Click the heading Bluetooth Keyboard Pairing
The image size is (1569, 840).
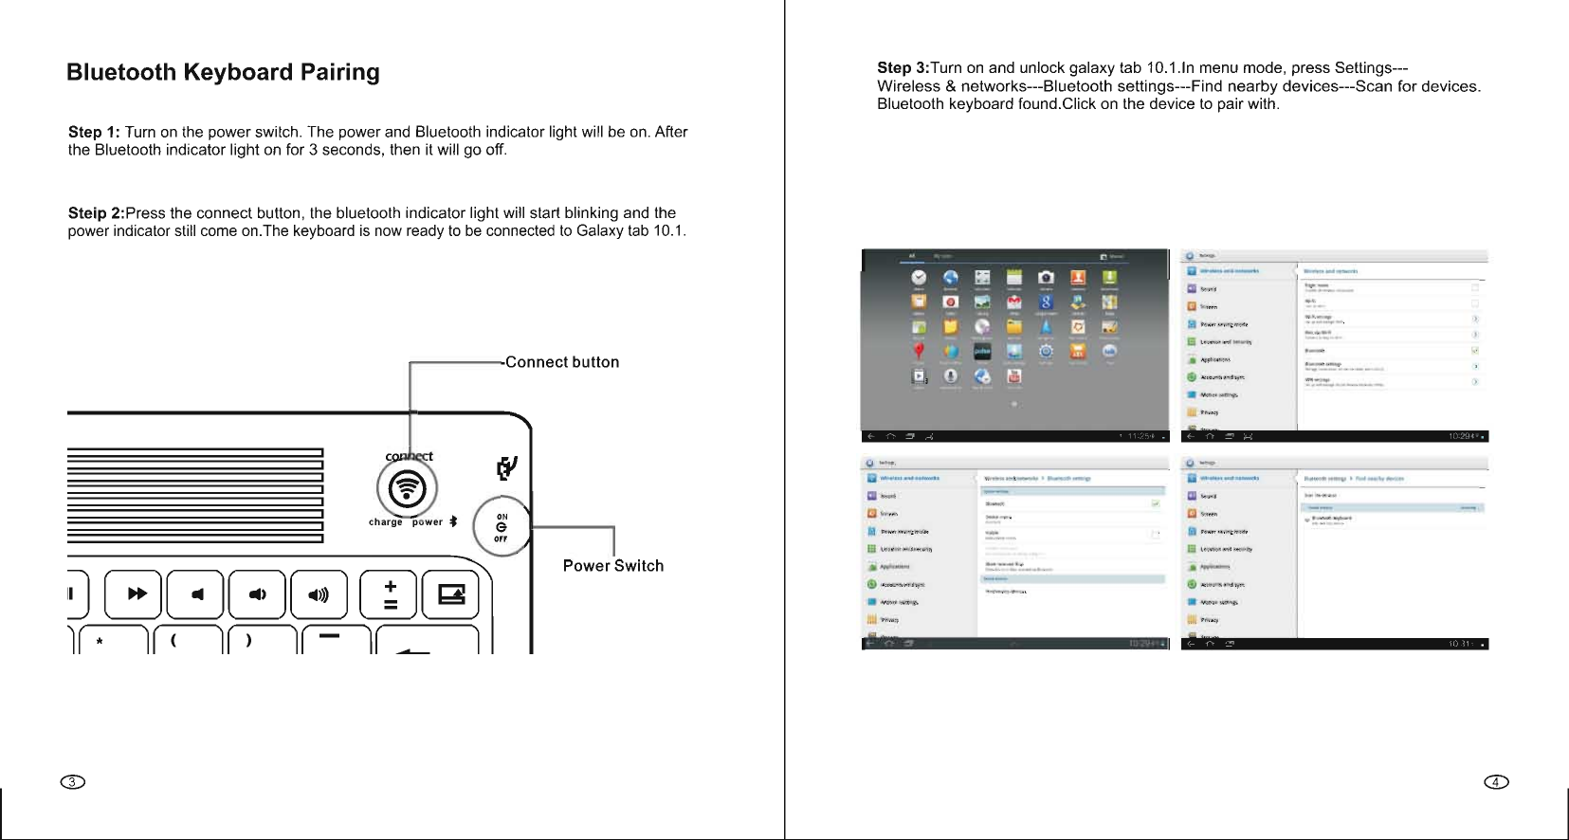pos(223,73)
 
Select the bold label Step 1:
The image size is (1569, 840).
pos(94,132)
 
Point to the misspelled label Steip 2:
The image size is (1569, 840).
pos(96,213)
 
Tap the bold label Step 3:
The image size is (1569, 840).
pos(903,68)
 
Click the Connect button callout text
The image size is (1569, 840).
pos(562,362)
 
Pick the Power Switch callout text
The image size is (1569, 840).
pos(613,566)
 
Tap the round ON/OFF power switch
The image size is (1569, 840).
pos(502,526)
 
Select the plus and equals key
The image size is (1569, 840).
pos(390,594)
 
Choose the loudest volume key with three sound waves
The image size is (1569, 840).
pos(319,594)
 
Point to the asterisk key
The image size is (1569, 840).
pos(100,642)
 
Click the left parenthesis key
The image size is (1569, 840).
pos(173,640)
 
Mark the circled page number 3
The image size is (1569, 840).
pos(72,782)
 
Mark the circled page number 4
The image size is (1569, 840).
pos(1496,782)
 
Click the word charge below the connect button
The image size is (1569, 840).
pos(385,522)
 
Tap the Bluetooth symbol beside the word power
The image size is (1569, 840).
pos(453,521)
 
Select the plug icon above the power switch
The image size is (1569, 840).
pos(507,467)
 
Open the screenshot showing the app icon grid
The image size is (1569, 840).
pos(1015,345)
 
